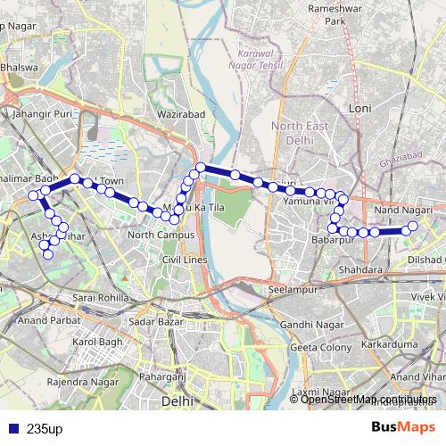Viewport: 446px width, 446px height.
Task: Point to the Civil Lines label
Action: tap(184, 259)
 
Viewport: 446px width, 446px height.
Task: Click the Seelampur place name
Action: tap(293, 290)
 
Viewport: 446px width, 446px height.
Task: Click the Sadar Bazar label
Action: tap(154, 320)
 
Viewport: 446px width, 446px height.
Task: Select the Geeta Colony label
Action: tap(315, 347)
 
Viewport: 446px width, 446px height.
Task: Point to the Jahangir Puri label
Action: tap(42, 114)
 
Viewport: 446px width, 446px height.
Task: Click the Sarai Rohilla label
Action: tap(101, 296)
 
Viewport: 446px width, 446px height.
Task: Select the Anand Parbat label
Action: tap(44, 319)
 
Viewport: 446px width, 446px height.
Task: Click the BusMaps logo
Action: tap(404, 427)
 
